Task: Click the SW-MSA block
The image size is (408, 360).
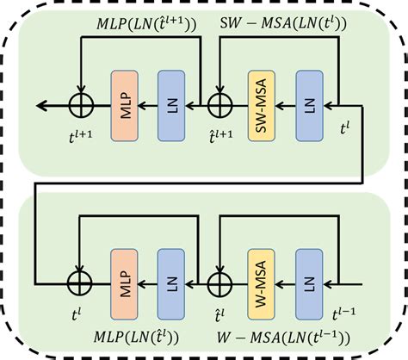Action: [x=259, y=106]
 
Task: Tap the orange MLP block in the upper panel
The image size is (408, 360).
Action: [x=122, y=106]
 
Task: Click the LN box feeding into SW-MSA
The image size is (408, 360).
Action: [x=306, y=106]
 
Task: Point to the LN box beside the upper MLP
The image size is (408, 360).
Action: [x=170, y=106]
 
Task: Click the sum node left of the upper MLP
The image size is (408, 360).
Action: [x=79, y=106]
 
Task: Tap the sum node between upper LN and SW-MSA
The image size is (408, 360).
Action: [x=217, y=106]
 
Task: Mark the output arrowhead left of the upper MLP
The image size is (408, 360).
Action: [x=40, y=106]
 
